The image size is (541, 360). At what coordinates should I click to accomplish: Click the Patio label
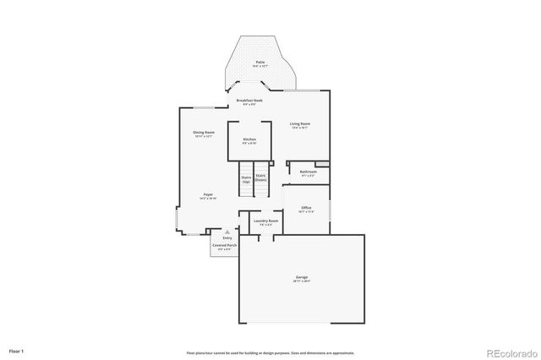[260, 63]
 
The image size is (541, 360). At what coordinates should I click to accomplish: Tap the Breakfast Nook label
[249, 101]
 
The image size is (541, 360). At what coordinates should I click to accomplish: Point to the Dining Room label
[203, 133]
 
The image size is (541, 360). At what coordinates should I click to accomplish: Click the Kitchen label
[249, 139]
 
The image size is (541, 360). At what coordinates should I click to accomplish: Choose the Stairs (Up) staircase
[246, 179]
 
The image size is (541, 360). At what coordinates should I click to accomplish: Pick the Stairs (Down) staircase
[260, 177]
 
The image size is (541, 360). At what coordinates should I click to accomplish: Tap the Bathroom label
[308, 172]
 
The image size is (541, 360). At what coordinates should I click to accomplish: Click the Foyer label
[207, 194]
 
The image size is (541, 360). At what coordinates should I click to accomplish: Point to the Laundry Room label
[265, 221]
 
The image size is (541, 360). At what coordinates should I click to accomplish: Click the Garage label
[302, 276]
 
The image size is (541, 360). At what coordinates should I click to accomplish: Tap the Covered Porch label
[225, 246]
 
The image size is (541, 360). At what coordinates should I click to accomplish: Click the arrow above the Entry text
[227, 231]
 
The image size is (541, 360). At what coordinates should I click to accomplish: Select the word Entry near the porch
[227, 237]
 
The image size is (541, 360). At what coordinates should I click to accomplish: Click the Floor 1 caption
[17, 350]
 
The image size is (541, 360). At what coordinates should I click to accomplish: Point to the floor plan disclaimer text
[270, 352]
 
